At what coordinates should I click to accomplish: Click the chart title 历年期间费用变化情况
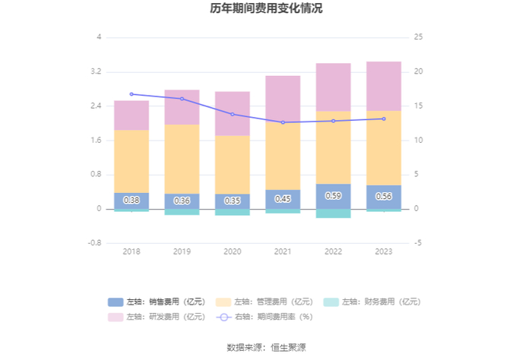[x=266, y=8]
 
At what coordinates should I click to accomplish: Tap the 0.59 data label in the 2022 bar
[x=333, y=196]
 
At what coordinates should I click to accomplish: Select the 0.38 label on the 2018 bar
[x=131, y=201]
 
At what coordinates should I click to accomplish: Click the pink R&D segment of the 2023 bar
[x=384, y=87]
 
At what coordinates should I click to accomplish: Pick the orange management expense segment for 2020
[x=233, y=165]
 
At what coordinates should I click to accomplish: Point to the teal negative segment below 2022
[x=333, y=213]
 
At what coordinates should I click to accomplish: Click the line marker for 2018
[x=131, y=94]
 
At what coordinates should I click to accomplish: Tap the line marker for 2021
[x=283, y=122]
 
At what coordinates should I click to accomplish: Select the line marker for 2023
[x=384, y=119]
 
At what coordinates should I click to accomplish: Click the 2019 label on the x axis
[x=182, y=251]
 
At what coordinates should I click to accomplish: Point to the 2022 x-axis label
[x=333, y=251]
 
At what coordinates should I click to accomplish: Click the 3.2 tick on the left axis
[x=96, y=71]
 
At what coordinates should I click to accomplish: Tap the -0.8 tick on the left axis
[x=95, y=243]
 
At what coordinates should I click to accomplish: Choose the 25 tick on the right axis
[x=418, y=37]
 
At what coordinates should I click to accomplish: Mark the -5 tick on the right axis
[x=418, y=243]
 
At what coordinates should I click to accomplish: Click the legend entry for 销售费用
[x=157, y=302]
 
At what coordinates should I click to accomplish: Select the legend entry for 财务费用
[x=372, y=302]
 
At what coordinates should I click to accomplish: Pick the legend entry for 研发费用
[x=157, y=317]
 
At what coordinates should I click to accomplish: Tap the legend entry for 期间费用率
[x=264, y=317]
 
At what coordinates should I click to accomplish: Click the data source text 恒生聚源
[x=288, y=347]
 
